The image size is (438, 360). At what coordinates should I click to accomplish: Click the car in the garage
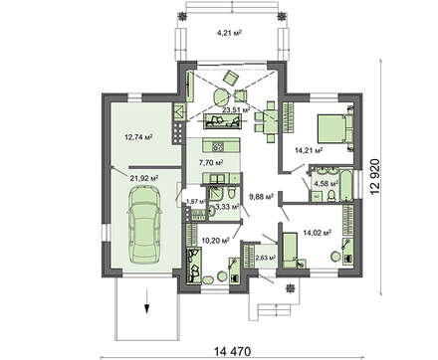pyautogui.click(x=144, y=226)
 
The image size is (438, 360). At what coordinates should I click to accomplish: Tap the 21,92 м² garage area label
pyautogui.click(x=143, y=178)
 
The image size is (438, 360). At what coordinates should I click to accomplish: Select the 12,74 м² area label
pyautogui.click(x=138, y=136)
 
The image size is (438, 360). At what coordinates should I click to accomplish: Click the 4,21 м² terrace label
pyautogui.click(x=229, y=33)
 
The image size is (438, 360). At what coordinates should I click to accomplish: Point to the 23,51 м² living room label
pyautogui.click(x=236, y=109)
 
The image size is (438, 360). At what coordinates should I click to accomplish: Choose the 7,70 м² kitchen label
pyautogui.click(x=211, y=162)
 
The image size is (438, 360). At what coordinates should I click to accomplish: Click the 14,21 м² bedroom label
pyautogui.click(x=309, y=150)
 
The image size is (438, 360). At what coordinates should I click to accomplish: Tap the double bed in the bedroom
pyautogui.click(x=335, y=128)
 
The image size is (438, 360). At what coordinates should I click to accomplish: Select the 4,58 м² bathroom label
pyautogui.click(x=326, y=183)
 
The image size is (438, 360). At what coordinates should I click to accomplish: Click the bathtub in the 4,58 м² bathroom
pyautogui.click(x=346, y=185)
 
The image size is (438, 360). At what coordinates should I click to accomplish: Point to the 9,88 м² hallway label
pyautogui.click(x=261, y=197)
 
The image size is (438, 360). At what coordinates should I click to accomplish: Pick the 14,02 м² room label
pyautogui.click(x=318, y=233)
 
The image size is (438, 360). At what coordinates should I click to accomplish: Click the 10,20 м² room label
pyautogui.click(x=216, y=241)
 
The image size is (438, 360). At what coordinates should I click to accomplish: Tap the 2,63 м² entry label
pyautogui.click(x=266, y=258)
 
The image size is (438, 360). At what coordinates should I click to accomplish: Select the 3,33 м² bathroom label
pyautogui.click(x=227, y=207)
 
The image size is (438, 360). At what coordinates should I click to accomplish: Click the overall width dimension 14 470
pyautogui.click(x=233, y=351)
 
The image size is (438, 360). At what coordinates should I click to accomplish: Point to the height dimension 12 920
pyautogui.click(x=374, y=177)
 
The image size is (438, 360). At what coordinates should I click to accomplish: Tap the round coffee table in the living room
pyautogui.click(x=221, y=96)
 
